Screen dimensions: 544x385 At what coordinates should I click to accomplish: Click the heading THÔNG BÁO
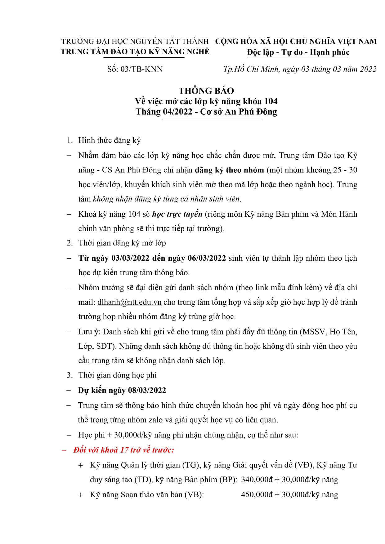pyautogui.click(x=206, y=91)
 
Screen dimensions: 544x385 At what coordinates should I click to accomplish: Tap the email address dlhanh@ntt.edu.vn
pyautogui.click(x=129, y=302)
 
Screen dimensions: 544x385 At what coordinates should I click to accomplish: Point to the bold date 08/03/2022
pyautogui.click(x=147, y=390)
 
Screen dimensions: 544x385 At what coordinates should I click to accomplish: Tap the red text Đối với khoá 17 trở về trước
pyautogui.click(x=123, y=450)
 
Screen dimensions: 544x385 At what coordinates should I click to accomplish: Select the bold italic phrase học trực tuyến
pyautogui.click(x=177, y=214)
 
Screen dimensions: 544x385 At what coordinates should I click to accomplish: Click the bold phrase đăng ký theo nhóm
pyautogui.click(x=229, y=170)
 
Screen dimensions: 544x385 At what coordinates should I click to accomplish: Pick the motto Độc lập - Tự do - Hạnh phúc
pyautogui.click(x=298, y=52)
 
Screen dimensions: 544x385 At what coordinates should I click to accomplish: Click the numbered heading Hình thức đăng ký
pyautogui.click(x=110, y=140)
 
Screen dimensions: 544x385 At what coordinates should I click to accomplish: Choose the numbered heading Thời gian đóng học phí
pyautogui.click(x=117, y=375)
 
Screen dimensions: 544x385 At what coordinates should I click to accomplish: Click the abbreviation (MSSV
pyautogui.click(x=312, y=332)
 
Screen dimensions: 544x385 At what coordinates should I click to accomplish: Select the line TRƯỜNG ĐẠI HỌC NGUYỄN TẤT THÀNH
pyautogui.click(x=135, y=41)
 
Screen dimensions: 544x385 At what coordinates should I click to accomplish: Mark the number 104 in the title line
pyautogui.click(x=271, y=101)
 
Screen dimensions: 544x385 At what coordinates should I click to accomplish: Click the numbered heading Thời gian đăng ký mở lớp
pyautogui.click(x=122, y=243)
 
